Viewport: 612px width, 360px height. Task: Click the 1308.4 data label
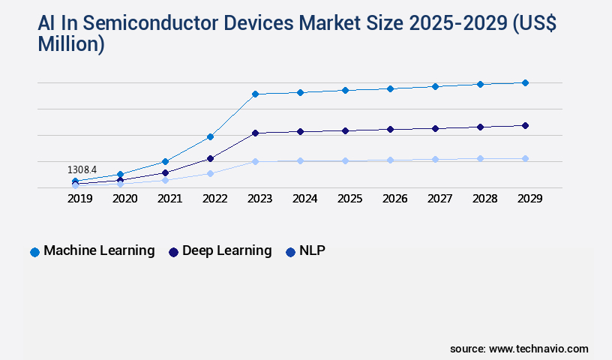tap(82, 170)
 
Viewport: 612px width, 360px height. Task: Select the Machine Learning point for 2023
tap(255, 94)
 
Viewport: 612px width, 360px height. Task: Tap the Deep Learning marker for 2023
tap(255, 133)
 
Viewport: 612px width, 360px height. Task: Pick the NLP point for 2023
tap(255, 161)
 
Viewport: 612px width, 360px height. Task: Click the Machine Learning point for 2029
tap(525, 82)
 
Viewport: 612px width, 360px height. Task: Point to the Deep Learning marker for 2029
tap(525, 125)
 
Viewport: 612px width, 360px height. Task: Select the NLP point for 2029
tap(525, 158)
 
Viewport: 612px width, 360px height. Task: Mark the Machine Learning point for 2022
tap(210, 136)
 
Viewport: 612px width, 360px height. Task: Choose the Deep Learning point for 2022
tap(210, 158)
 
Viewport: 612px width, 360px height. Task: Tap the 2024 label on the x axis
tap(304, 199)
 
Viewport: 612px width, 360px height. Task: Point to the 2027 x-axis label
tap(439, 199)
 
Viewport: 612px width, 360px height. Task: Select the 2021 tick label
tap(169, 199)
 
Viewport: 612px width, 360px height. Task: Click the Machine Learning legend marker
tap(34, 252)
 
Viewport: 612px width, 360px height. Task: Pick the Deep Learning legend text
tap(227, 251)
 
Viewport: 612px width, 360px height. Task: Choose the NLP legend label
tap(312, 251)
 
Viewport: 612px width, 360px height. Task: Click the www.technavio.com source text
tap(538, 349)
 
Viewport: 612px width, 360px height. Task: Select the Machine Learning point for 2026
tap(390, 88)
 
